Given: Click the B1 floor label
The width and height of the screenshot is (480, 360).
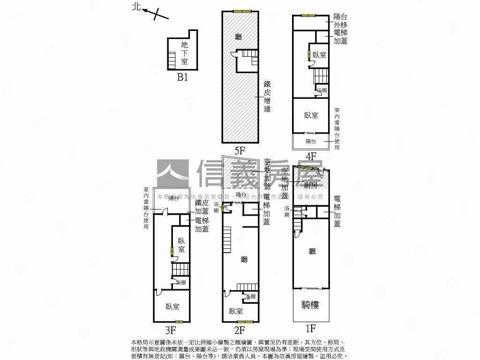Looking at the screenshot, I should coord(182,77).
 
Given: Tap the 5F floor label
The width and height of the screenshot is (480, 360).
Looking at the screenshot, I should coord(240,150).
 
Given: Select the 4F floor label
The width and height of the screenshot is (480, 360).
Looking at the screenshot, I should coord(311,156).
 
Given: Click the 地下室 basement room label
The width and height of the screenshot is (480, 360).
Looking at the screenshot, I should coord(184,52).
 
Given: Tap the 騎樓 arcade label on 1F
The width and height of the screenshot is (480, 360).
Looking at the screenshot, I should coord(310,305).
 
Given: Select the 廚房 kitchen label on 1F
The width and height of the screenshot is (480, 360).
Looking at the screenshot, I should coord(311,186).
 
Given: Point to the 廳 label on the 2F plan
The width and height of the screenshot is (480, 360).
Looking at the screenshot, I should coord(244,259).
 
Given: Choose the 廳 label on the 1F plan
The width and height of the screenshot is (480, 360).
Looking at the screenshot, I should coord(312,251).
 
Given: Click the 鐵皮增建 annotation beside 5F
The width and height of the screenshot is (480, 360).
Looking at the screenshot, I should coord(268,97).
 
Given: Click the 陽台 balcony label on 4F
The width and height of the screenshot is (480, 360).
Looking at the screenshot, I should coord(311,141).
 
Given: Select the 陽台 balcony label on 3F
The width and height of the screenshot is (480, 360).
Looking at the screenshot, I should coord(173,198).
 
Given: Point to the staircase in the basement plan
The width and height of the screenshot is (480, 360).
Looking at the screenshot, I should coord(172,60).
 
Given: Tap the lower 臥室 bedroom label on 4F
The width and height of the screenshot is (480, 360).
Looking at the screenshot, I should coord(311,115).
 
